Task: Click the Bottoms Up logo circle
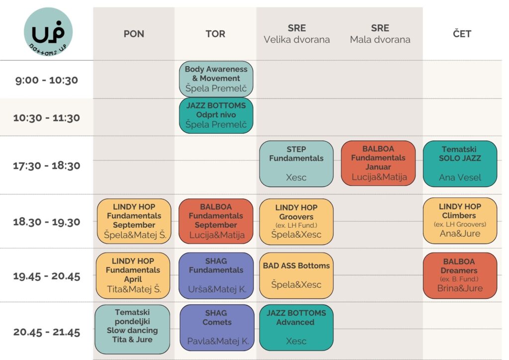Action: pos(48,32)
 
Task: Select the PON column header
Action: pos(134,34)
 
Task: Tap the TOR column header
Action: pos(215,34)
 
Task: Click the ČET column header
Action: pos(462,34)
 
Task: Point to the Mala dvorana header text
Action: pos(380,40)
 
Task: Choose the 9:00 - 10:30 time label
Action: pos(47,80)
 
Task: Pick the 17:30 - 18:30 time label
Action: pos(47,166)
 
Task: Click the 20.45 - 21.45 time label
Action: pos(47,332)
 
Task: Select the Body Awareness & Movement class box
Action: pos(216,79)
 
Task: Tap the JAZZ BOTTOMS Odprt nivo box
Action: pos(216,115)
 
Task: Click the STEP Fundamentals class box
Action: pos(296,164)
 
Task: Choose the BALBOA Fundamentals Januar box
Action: pos(378,164)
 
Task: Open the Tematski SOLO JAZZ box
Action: pos(460,164)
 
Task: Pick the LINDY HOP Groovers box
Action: pos(296,221)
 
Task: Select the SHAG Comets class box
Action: pos(216,328)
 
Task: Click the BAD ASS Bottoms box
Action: pos(296,275)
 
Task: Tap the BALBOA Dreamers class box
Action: pos(460,275)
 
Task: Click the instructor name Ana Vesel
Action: pos(460,178)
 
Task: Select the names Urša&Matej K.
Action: pos(216,288)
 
